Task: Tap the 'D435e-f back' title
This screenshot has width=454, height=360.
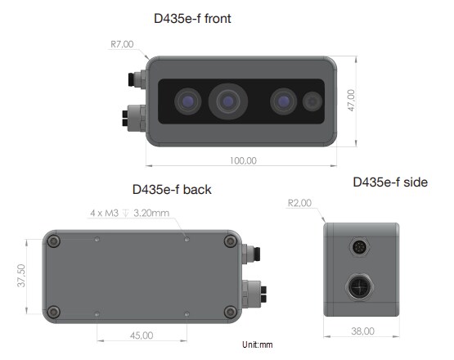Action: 172,189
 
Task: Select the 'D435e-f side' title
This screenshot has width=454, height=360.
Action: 390,182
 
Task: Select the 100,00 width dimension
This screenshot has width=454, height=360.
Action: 243,160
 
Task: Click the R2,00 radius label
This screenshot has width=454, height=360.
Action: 300,201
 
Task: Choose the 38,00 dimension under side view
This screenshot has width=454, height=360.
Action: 362,331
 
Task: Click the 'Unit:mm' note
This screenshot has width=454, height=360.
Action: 258,344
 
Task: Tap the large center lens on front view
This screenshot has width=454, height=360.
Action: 228,101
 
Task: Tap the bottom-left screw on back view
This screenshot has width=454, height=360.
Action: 55,310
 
